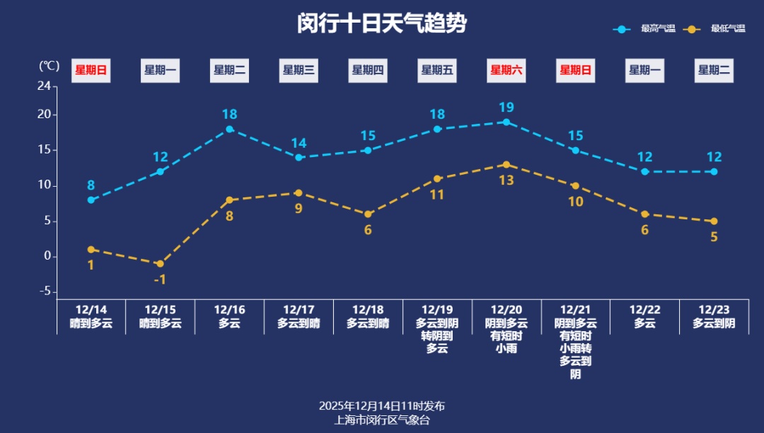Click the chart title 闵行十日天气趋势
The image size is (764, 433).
(x=382, y=23)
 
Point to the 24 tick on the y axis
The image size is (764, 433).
(x=44, y=86)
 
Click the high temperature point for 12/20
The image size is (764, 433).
(x=507, y=122)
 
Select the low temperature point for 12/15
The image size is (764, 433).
(x=161, y=264)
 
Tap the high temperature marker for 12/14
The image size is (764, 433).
(x=91, y=200)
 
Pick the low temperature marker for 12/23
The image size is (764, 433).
(x=714, y=221)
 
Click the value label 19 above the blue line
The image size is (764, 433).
(x=507, y=108)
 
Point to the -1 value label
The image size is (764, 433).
(x=160, y=279)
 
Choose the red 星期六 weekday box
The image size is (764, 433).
(x=507, y=70)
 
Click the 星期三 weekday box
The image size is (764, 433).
(x=299, y=70)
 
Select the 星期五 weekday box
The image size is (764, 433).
(x=437, y=70)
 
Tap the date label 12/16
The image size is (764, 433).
(x=229, y=310)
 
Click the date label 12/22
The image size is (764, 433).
(x=644, y=310)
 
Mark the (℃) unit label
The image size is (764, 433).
(x=49, y=66)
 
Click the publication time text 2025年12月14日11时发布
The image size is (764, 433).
(x=382, y=406)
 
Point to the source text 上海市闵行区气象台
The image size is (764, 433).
(x=382, y=420)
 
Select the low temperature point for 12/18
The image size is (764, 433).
(x=368, y=214)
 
